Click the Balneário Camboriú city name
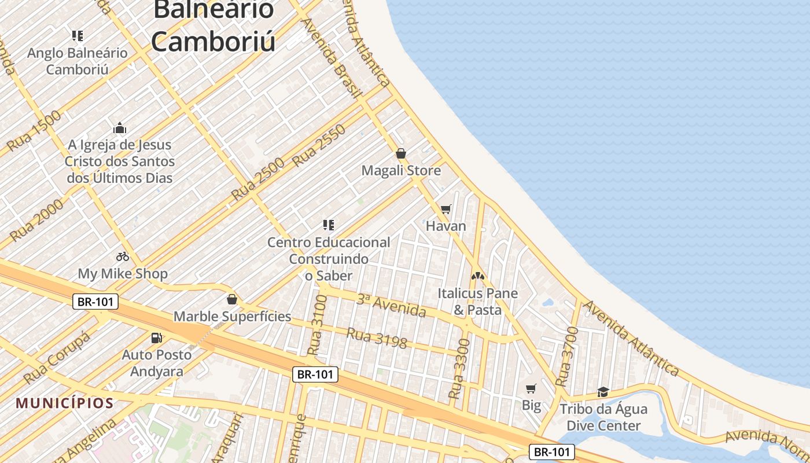coord(213,25)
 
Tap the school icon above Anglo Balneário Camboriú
coord(78,36)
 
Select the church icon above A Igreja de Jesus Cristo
coord(120,128)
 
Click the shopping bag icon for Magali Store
coord(400,153)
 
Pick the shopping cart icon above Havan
coord(446,209)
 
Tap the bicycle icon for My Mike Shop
coord(123,256)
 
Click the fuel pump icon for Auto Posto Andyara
coord(156,338)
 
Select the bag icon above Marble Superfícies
coord(232,299)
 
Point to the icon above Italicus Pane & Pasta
coord(477,276)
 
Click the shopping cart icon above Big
coord(531,388)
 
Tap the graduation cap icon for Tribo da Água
coord(603,392)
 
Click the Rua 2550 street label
coord(319,145)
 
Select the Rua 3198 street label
coord(377,338)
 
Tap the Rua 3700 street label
coord(567,357)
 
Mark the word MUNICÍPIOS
coord(65,403)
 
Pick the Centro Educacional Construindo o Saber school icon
coord(329,225)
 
